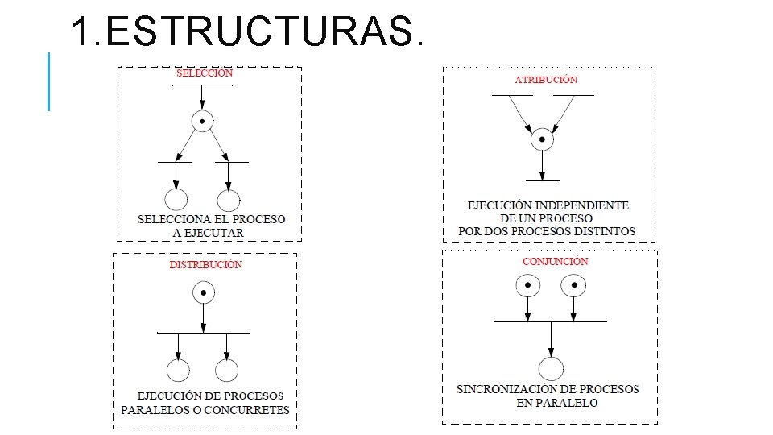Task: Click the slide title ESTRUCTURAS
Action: click(x=246, y=32)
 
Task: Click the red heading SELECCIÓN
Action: click(x=205, y=72)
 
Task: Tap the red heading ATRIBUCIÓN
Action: click(x=546, y=80)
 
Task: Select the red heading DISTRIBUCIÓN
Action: click(x=205, y=264)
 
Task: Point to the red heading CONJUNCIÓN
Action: click(x=556, y=262)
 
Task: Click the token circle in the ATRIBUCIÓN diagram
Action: click(x=543, y=139)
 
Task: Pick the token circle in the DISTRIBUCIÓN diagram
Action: click(x=204, y=292)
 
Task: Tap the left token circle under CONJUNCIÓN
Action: click(x=527, y=284)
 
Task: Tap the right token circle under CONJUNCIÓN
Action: click(x=573, y=284)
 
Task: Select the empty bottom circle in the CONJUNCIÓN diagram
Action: click(x=551, y=369)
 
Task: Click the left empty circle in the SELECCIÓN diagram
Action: click(x=176, y=201)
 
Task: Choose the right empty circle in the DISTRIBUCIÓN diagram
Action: click(x=227, y=370)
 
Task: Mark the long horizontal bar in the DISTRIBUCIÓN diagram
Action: click(x=204, y=332)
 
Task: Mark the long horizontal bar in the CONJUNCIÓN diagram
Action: click(x=551, y=321)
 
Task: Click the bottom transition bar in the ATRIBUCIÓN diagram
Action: click(x=543, y=180)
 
